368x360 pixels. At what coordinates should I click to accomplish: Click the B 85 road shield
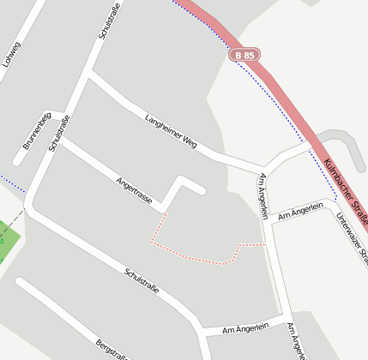244,55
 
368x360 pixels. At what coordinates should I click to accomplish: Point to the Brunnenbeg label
37,131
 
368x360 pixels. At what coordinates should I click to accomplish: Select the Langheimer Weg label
171,130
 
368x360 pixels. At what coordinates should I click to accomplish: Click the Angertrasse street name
133,190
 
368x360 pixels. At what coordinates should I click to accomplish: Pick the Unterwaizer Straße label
352,239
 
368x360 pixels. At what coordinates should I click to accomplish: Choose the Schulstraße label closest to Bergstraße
142,280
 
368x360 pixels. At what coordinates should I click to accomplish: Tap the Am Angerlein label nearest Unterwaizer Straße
306,209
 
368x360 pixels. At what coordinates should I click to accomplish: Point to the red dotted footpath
193,256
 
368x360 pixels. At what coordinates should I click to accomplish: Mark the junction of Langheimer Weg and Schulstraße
88,75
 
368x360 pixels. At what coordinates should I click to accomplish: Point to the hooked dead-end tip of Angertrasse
202,190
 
